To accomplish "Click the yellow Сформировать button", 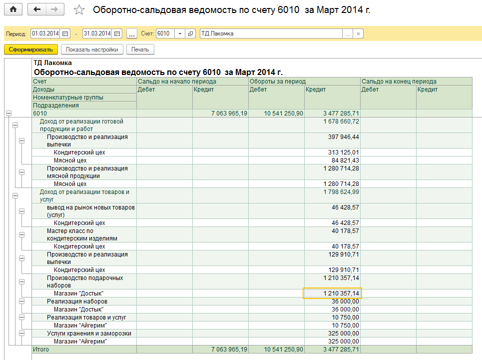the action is tap(31, 49).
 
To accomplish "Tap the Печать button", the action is tap(140, 49).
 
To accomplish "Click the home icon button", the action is tap(13, 9).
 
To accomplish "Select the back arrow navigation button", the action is tap(37, 9).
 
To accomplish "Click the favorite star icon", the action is tap(79, 10).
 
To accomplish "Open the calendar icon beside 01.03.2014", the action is tap(65, 33).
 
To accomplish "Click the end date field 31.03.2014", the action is tap(97, 33).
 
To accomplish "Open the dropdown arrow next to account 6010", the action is tap(180, 33).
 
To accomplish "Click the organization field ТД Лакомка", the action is tap(271, 33).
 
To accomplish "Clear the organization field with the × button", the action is tap(358, 33).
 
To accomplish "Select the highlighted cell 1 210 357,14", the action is tap(333, 293).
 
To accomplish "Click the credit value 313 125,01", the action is tap(343, 152).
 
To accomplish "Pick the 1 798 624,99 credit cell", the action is tap(341, 191).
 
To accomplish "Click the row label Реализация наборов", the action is tap(77, 301).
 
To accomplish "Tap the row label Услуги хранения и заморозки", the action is tap(89, 333).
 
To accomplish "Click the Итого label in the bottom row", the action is tap(41, 349).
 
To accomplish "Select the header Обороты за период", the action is tap(278, 81).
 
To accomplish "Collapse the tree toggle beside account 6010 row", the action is tap(8, 113).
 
